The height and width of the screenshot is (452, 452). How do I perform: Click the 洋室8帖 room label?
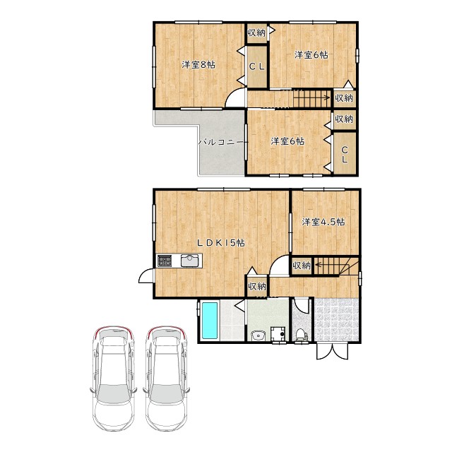(198, 64)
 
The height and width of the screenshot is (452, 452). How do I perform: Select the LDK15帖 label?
(221, 243)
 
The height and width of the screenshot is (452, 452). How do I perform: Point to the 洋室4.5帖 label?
(323, 222)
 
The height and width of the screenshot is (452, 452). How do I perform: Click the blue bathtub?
(210, 321)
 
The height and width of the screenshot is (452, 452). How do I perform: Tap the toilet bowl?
(301, 335)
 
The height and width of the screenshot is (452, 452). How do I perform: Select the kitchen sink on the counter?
(190, 261)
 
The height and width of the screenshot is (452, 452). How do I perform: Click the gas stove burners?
(165, 261)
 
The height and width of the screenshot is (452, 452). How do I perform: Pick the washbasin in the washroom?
(258, 335)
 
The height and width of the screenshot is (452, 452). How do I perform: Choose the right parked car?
(166, 378)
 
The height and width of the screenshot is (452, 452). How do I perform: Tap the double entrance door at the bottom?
(333, 352)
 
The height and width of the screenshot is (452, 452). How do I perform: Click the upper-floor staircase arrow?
(312, 97)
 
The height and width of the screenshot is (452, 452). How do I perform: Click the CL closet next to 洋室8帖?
(257, 66)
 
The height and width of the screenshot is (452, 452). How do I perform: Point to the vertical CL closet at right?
(345, 154)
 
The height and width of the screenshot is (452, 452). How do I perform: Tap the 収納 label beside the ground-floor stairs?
(302, 266)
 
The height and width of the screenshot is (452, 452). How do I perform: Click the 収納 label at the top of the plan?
(256, 32)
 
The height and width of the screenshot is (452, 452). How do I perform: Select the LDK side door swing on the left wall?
(147, 275)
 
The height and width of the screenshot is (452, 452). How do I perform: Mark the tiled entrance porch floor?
(336, 319)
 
